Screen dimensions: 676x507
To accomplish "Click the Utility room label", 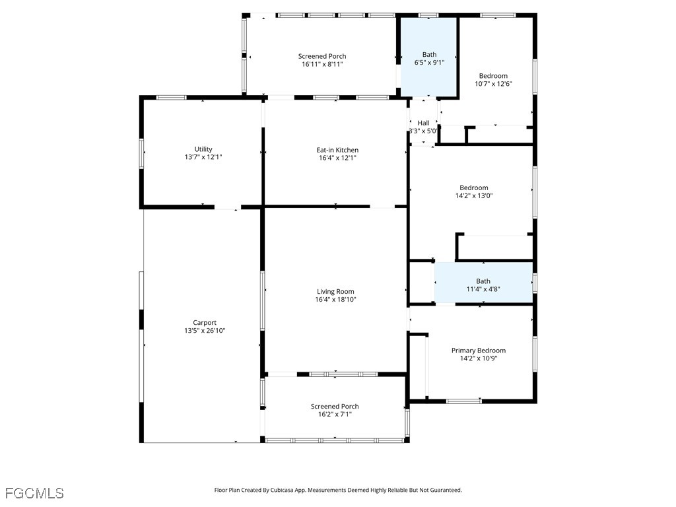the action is (x=203, y=149).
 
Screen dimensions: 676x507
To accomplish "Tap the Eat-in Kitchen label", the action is (x=337, y=150).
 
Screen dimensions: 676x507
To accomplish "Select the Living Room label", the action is (x=335, y=291).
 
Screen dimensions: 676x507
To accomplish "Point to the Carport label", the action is (x=205, y=322).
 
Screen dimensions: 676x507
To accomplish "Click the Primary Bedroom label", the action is (x=479, y=351).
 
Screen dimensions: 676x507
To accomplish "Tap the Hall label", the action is (x=423, y=123).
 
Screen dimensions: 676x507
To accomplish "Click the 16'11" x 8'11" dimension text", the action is (x=322, y=64).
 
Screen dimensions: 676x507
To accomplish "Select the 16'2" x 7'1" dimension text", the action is (x=335, y=415).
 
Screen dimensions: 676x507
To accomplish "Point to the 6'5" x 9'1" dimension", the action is (x=429, y=62).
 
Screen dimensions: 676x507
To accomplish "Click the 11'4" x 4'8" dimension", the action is (x=483, y=289).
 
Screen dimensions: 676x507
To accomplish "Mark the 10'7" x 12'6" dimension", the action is (x=494, y=84).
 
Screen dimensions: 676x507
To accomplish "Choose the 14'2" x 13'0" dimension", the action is (x=474, y=195).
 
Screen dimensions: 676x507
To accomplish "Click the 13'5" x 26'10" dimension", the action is (x=205, y=331).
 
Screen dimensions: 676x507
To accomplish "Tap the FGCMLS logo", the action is (x=34, y=493).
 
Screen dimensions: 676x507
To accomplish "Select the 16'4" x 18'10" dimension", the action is (x=336, y=299).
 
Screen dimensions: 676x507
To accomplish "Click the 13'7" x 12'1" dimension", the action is (x=203, y=157).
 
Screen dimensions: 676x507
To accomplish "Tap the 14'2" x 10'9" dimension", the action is (x=479, y=358).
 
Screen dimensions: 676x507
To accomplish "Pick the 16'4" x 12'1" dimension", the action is (x=337, y=158).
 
